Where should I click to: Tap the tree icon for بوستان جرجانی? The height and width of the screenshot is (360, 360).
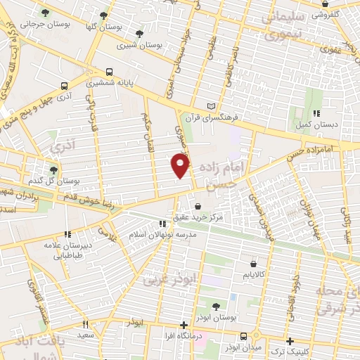point(46,13)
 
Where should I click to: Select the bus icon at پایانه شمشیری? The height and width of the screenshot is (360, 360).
point(108,71)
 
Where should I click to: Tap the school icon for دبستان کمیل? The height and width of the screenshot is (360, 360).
point(317,112)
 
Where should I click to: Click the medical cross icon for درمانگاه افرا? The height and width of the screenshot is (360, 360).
point(184,326)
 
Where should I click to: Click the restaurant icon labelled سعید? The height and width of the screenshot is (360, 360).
point(86,325)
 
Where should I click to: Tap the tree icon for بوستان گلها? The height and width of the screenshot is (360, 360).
point(103,15)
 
